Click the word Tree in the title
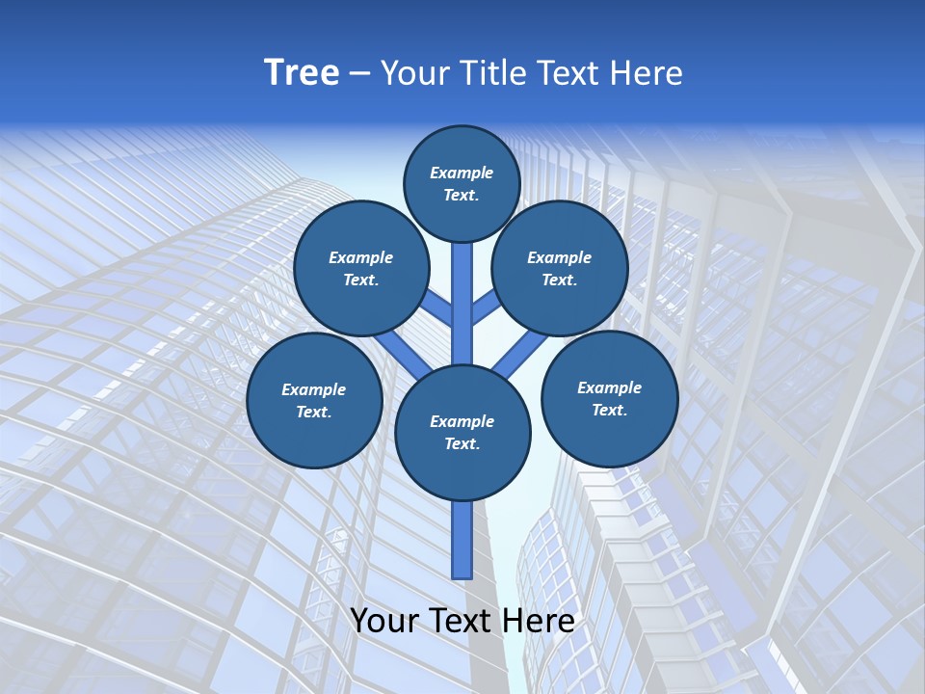302,72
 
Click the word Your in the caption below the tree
384,620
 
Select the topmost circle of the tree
462,183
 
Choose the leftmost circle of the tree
314,400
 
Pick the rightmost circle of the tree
610,398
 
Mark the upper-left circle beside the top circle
361,268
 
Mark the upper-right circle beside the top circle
560,268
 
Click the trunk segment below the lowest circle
462,540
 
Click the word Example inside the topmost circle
462,173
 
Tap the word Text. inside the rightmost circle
609,410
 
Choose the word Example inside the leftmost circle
314,389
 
